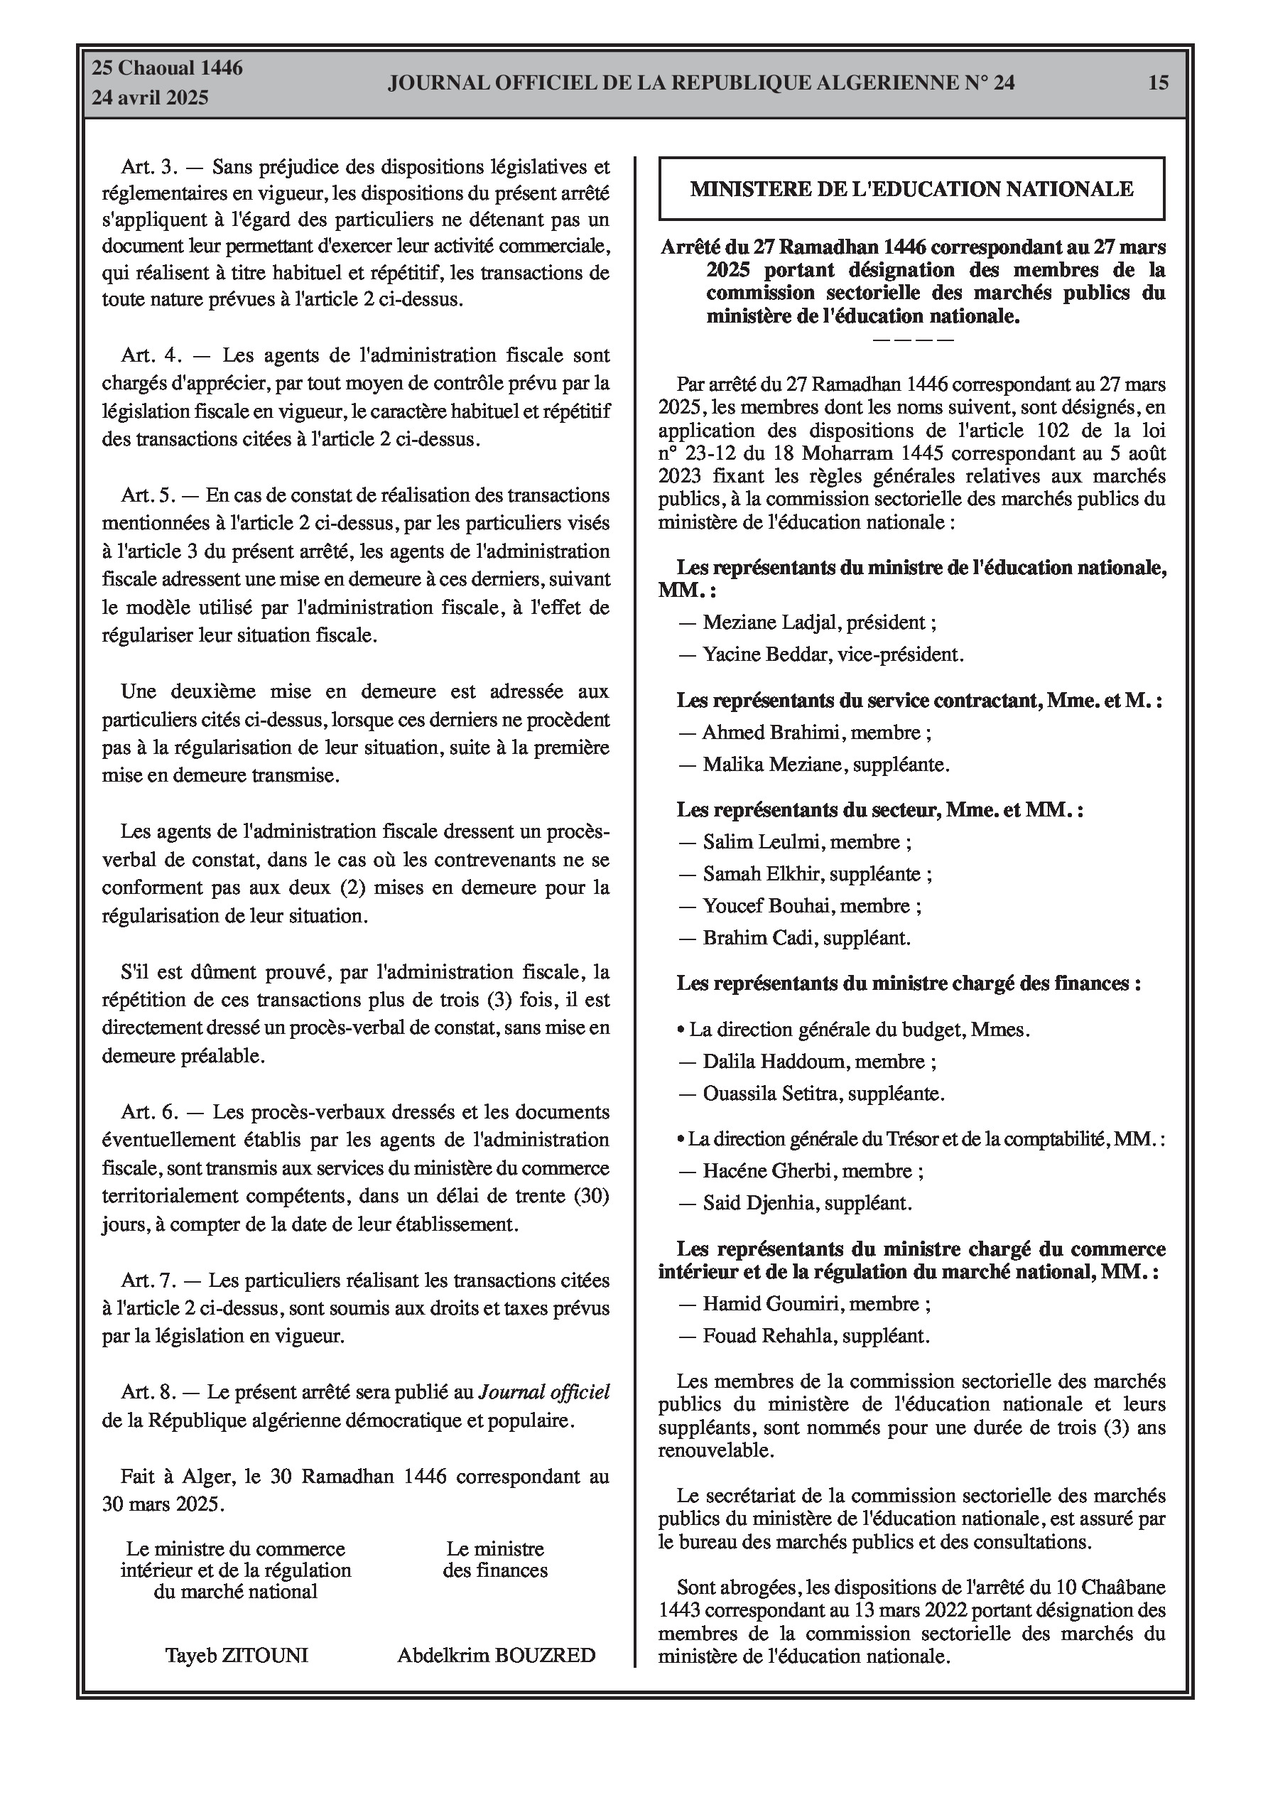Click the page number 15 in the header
tap(1159, 82)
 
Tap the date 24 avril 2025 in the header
tap(150, 98)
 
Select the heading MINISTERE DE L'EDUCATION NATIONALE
tap(911, 188)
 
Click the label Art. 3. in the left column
tap(150, 166)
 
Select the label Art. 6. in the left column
tap(150, 1111)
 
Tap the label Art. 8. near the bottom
tap(150, 1392)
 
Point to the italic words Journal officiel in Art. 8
tap(544, 1392)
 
